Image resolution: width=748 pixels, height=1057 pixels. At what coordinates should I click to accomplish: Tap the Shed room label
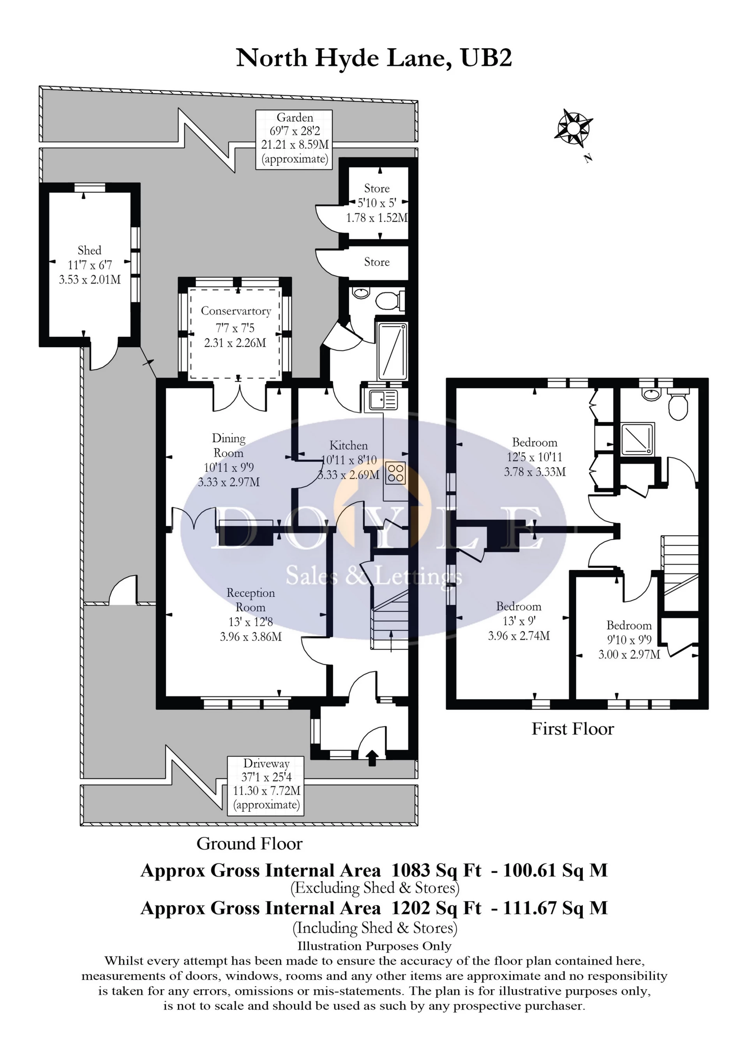(x=89, y=265)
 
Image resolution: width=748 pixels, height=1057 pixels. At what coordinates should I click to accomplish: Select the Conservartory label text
(x=236, y=311)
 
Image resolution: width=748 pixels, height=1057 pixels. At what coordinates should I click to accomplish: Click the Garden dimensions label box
(x=294, y=139)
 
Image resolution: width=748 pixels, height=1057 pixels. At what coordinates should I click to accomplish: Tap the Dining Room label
(x=228, y=459)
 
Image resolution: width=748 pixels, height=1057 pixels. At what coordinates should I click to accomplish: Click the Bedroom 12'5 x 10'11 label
(x=534, y=457)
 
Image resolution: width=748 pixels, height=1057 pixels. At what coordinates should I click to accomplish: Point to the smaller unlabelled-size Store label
(x=377, y=262)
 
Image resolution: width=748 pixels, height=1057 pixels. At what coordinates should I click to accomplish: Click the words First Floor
(x=573, y=729)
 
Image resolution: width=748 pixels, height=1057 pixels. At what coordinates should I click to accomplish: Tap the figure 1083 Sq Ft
(x=436, y=871)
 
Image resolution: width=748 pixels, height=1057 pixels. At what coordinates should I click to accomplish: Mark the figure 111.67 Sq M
(x=555, y=908)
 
